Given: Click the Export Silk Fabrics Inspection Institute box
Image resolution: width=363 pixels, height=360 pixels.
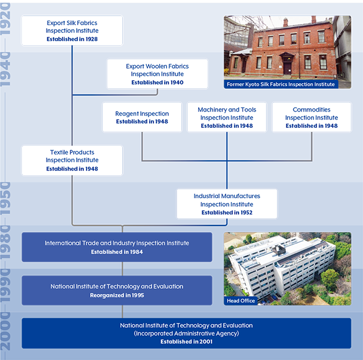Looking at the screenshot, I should click(x=72, y=30).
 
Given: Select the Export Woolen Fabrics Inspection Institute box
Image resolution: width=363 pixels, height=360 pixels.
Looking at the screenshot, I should click(x=157, y=74).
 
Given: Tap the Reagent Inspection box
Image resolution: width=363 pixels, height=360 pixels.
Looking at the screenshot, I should click(x=142, y=117).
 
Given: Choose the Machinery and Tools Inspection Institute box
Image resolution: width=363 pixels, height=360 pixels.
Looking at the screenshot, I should click(x=227, y=117).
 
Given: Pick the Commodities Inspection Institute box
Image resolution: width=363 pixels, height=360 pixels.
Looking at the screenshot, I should click(x=312, y=117).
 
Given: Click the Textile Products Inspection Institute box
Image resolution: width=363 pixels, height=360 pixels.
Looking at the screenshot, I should click(x=72, y=160).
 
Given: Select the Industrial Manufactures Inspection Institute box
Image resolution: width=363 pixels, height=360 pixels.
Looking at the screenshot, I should click(x=227, y=204).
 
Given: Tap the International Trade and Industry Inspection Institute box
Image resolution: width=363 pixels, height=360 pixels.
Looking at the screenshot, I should click(x=117, y=247).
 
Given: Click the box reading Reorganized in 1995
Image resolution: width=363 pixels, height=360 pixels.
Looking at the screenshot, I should click(x=117, y=290).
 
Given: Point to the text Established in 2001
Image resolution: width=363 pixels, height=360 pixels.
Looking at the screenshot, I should click(x=186, y=342).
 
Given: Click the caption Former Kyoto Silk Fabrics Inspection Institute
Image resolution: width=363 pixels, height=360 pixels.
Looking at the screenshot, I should click(x=281, y=84).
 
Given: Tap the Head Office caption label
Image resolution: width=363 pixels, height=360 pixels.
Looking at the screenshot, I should click(x=241, y=301).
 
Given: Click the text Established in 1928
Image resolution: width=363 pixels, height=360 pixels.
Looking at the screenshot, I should click(x=72, y=39).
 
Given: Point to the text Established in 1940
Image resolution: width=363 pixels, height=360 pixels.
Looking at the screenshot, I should click(x=157, y=83).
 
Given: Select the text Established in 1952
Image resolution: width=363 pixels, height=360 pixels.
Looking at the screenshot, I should click(x=227, y=213).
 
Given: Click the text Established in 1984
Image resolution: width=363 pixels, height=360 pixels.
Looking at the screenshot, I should click(x=117, y=252).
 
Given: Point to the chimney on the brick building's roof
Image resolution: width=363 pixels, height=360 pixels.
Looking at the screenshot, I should click(x=285, y=22).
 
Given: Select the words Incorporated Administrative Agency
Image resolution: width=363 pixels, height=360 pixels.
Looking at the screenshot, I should click(x=186, y=333).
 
